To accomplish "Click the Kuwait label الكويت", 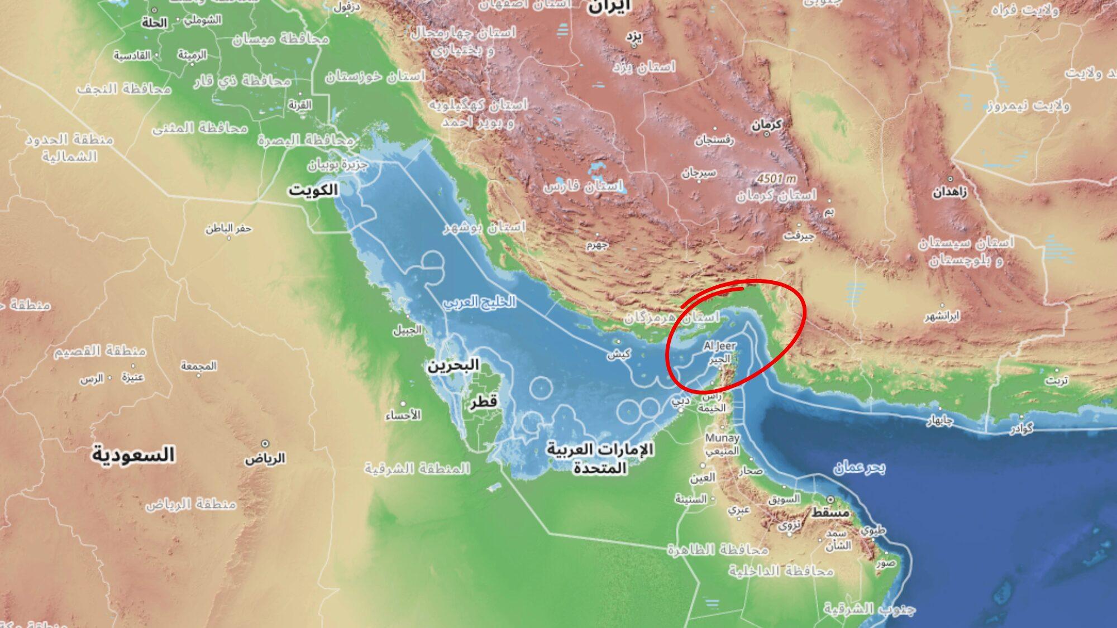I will (313, 190).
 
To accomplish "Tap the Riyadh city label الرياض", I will (265, 458).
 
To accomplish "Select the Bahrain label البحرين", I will (454, 366).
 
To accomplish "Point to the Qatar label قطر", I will (483, 401).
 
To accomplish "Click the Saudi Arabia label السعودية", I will (133, 455).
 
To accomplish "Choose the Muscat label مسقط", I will (830, 512).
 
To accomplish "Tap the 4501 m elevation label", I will (776, 179).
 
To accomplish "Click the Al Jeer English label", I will (719, 346).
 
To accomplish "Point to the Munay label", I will (722, 438).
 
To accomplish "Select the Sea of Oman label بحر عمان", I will (859, 467).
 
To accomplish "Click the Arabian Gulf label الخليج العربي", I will (480, 302).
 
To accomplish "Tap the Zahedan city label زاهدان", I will (949, 193).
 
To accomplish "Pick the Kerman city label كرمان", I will (766, 126).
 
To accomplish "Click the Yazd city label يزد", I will (634, 37).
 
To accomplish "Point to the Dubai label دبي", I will (680, 401).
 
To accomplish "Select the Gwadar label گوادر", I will (1021, 429).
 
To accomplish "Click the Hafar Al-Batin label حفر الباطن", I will (228, 228).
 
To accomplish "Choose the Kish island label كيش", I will (619, 354).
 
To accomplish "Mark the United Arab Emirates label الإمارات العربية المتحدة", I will (600, 458).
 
